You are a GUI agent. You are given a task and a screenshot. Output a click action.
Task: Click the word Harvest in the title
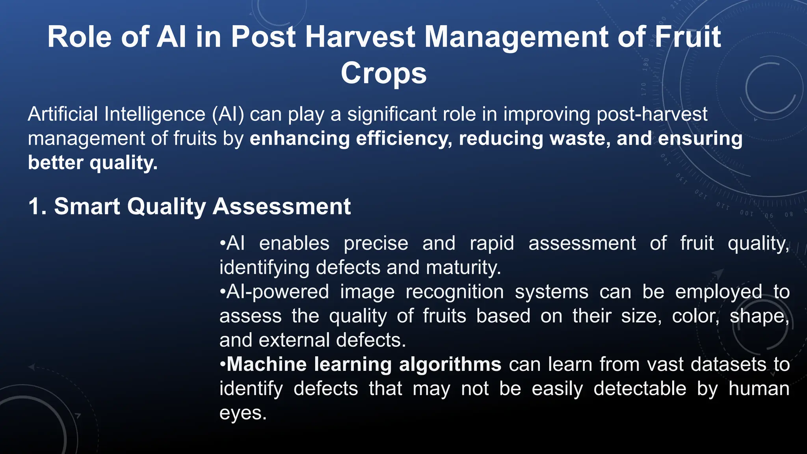360,37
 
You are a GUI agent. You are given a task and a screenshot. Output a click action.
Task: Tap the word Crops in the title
383,73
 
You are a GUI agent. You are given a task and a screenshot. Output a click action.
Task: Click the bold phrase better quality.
93,163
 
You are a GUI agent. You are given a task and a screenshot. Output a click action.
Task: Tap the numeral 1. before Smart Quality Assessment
38,207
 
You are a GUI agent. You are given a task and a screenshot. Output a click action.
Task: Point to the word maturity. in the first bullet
463,268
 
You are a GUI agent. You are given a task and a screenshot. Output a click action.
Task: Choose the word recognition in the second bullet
454,292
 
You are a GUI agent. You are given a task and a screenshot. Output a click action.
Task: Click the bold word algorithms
450,365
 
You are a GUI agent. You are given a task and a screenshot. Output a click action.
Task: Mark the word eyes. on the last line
243,413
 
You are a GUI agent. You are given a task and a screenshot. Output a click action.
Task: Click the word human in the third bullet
759,389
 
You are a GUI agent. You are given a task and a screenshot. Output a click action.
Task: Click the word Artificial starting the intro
63,115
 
